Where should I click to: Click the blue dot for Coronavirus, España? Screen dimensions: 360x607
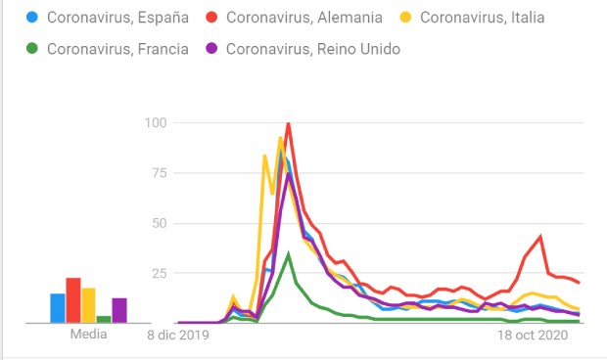35,18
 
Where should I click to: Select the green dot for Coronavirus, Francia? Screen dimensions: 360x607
35,49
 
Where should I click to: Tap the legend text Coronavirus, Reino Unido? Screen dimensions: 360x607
312,49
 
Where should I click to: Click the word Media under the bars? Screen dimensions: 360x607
88,335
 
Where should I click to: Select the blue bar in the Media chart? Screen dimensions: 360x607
58,308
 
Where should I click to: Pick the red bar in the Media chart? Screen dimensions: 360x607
72,300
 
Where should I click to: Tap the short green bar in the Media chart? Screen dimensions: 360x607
104,319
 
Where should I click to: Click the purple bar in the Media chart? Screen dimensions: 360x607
119,310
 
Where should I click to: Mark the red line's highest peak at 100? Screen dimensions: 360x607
288,123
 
